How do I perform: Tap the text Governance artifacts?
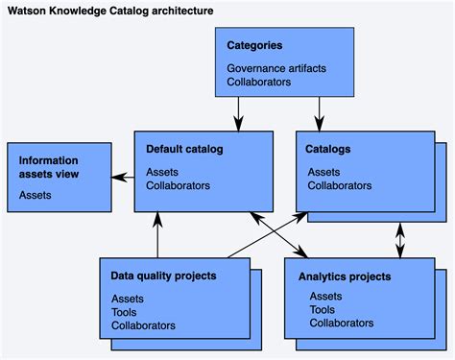pos(277,69)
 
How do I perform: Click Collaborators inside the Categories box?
pos(258,82)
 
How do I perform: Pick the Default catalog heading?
pos(184,149)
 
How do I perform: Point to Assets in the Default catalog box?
pos(161,172)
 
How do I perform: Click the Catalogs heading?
pos(327,149)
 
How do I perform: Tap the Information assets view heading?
pos(49,167)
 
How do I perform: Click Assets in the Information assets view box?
pos(35,195)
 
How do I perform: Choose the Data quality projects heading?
pos(163,276)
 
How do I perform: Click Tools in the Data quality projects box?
pos(125,312)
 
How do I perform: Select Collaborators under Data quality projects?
pos(143,325)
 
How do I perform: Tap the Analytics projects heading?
pos(344,276)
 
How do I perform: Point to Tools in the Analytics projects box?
pos(323,309)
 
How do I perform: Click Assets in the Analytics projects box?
pos(325,297)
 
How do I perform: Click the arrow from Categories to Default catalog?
pos(236,112)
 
